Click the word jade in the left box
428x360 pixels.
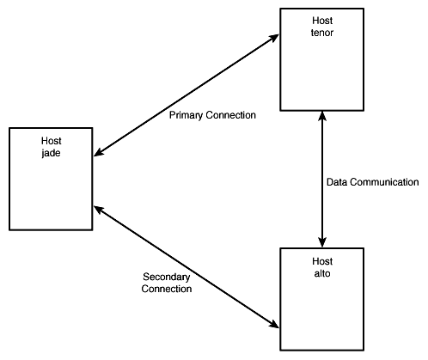coord(51,153)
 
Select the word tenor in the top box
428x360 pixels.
coord(322,33)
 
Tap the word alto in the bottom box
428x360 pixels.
coord(322,273)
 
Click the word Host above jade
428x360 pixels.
coord(52,141)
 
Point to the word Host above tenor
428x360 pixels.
coord(322,21)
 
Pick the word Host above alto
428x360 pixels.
coord(322,261)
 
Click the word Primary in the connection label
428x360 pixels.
coord(186,115)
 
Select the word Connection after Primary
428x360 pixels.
coord(230,115)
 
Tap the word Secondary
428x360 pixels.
coord(167,277)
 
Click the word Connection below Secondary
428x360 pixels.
coord(167,289)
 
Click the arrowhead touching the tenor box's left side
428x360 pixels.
coord(273,38)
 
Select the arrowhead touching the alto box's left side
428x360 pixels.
coord(273,324)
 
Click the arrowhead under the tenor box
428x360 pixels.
coord(322,116)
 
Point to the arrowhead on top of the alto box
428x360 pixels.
coord(322,242)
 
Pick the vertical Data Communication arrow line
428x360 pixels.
coord(322,179)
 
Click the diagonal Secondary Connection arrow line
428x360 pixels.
coord(186,266)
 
